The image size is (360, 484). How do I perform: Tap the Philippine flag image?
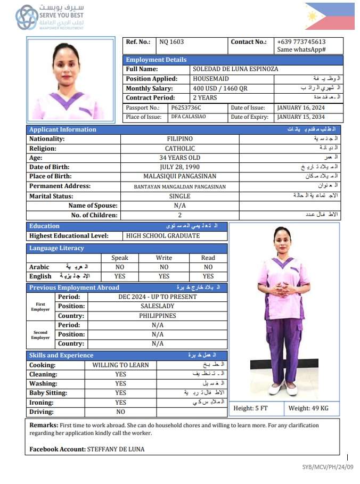coord(330,17)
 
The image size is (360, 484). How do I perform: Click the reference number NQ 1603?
coord(171,42)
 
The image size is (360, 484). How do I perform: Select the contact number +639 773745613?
coord(301,42)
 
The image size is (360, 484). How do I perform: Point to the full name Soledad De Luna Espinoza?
coord(235,69)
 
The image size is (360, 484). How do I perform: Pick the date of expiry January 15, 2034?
coord(301,117)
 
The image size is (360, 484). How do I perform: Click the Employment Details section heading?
coord(157,60)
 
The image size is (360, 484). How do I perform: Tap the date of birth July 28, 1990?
coord(179,167)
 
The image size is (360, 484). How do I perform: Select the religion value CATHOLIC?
coord(179,149)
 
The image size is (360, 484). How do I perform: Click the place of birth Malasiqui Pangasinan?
coord(179,176)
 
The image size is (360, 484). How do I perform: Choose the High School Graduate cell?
coord(163,235)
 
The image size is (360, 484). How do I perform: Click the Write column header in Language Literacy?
coord(164,258)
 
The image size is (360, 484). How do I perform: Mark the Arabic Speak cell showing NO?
coord(120,267)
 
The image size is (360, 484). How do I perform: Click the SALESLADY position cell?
coord(158,306)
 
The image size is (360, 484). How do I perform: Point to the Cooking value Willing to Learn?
coord(121,365)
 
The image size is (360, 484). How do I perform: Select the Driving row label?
coord(42,412)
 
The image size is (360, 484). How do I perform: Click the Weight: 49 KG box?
coord(309,408)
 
